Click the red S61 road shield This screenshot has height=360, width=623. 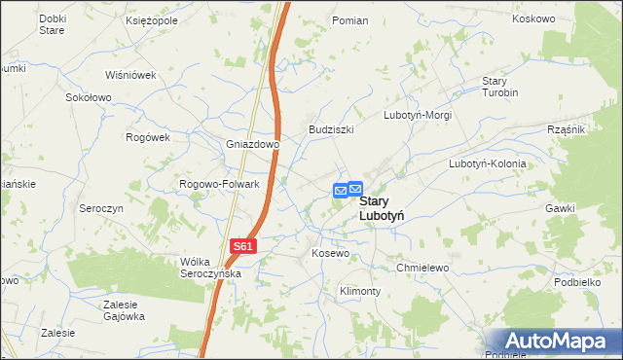[243, 247]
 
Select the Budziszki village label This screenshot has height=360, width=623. [331, 129]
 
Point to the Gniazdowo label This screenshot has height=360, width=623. [253, 145]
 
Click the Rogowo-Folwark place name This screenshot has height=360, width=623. [219, 184]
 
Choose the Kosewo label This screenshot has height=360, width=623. [330, 253]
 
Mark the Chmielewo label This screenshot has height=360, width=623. [421, 268]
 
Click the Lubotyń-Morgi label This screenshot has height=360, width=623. [418, 115]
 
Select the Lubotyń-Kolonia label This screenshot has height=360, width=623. [487, 163]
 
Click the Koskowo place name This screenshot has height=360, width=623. [532, 18]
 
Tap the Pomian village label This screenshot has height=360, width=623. [349, 20]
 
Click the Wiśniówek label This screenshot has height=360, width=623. [131, 74]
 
